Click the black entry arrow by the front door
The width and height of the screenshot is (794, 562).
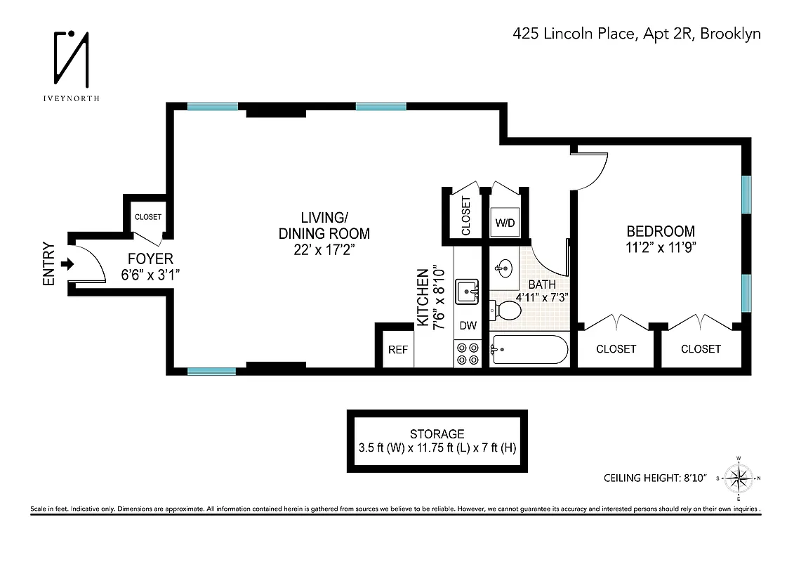point(67,264)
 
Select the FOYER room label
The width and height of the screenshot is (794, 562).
point(150,259)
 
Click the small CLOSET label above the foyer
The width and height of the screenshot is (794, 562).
point(147,217)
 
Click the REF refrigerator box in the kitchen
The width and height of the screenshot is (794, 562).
point(398,350)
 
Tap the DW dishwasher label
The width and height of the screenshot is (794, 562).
point(468,326)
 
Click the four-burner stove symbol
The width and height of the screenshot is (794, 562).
point(468,353)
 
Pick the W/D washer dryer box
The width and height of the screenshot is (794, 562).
point(505,223)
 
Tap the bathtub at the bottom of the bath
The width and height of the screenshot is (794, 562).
point(529,349)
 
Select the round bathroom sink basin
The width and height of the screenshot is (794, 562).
point(504,267)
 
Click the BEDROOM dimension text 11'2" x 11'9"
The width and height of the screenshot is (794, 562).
point(661,247)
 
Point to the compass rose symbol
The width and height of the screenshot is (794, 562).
point(738,479)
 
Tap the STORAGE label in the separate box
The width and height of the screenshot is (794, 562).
point(437,434)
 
